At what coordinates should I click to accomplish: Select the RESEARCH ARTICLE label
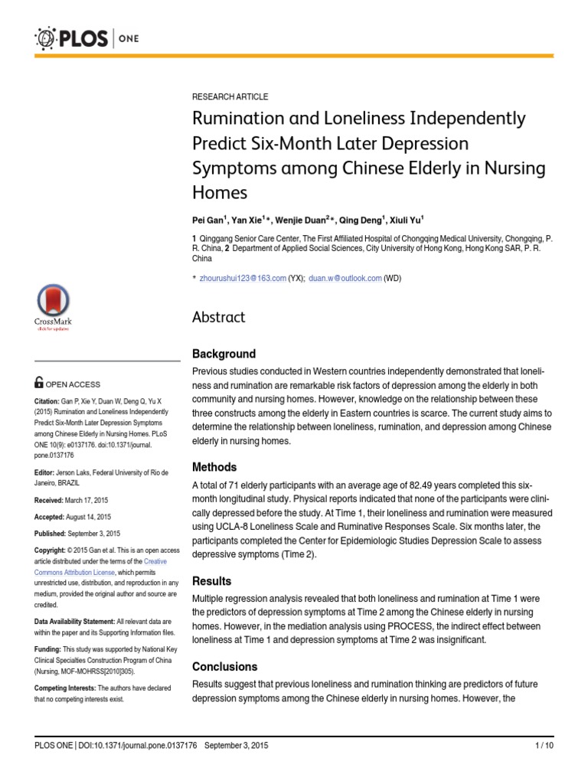(230, 97)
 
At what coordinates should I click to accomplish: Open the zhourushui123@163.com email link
(243, 279)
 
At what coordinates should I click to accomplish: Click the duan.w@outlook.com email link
(345, 279)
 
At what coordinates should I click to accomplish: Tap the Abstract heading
(219, 317)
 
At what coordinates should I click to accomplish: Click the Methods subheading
(214, 467)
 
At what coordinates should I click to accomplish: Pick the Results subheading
(211, 581)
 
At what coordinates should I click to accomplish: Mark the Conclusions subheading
(224, 666)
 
